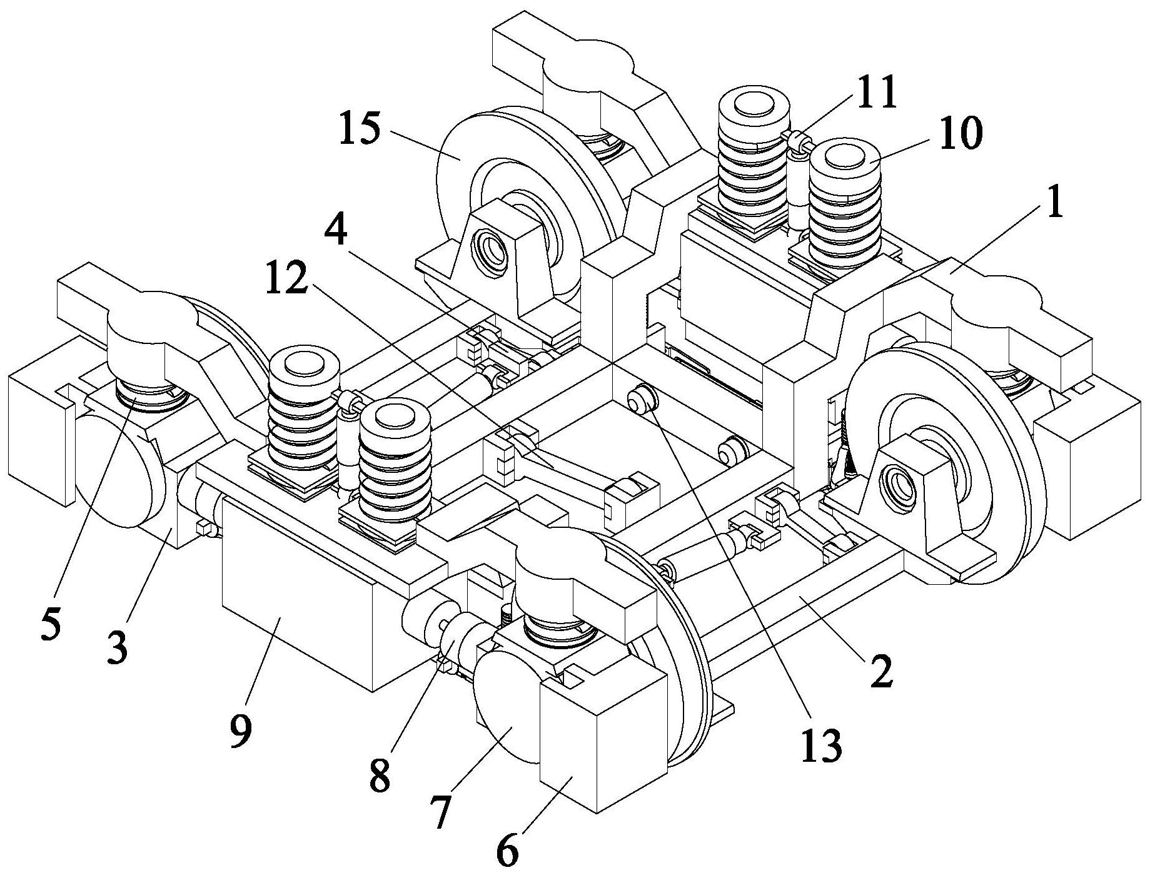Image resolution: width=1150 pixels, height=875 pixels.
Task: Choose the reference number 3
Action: pyautogui.click(x=118, y=649)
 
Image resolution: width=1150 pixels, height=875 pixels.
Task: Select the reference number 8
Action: pyautogui.click(x=381, y=776)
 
